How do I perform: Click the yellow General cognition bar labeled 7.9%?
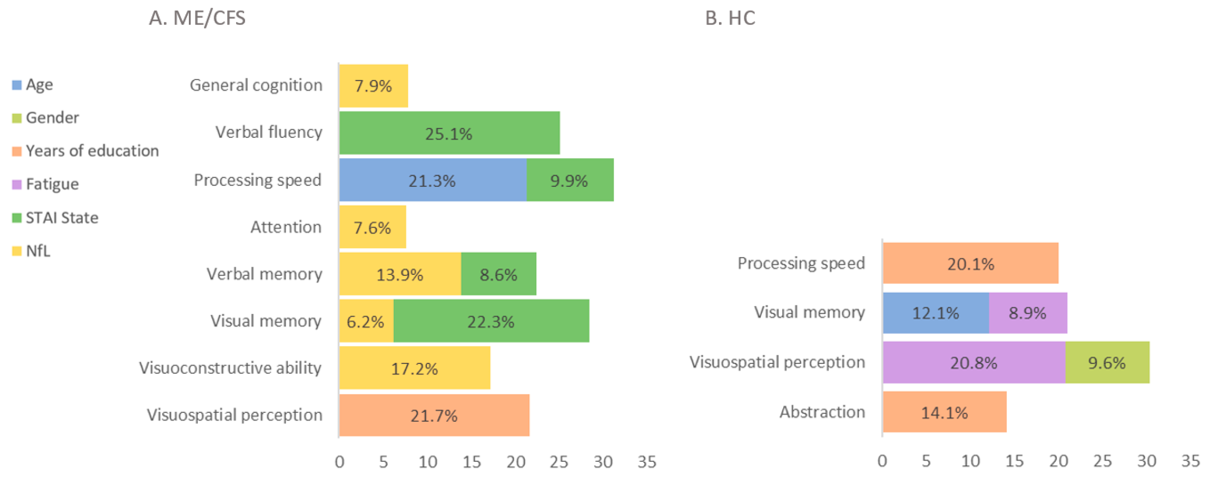(x=374, y=86)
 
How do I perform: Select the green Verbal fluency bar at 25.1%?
(x=449, y=133)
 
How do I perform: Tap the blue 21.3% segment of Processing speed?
(x=432, y=180)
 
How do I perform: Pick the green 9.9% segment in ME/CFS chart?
(x=569, y=180)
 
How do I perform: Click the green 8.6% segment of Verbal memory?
(x=498, y=274)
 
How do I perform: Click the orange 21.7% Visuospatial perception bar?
(x=434, y=415)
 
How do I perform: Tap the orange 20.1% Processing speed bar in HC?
(x=970, y=263)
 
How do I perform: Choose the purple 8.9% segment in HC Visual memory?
(x=1028, y=313)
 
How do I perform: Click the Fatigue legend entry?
(x=52, y=184)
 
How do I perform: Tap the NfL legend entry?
(x=37, y=251)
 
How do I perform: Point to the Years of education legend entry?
(x=92, y=151)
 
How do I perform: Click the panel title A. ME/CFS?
(x=197, y=18)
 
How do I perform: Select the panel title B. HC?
(x=730, y=18)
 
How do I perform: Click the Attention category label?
(x=286, y=227)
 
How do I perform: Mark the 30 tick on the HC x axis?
(x=1146, y=461)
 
